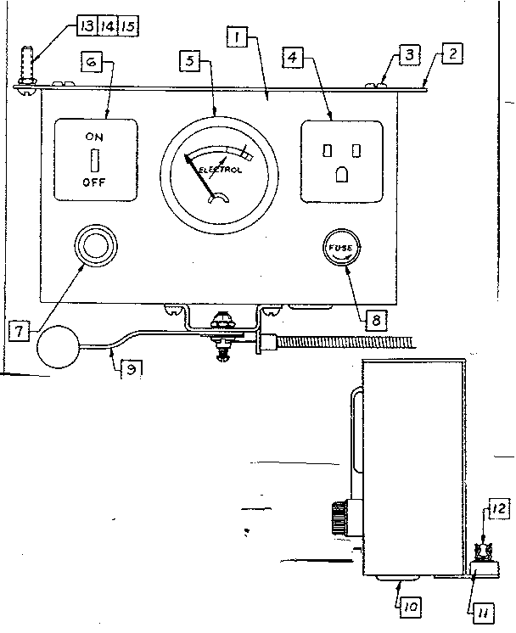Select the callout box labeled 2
453,54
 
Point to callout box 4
292,59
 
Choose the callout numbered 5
191,61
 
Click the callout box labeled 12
496,509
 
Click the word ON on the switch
95,136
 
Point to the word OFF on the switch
95,182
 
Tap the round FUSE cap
343,249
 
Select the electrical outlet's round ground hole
341,174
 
